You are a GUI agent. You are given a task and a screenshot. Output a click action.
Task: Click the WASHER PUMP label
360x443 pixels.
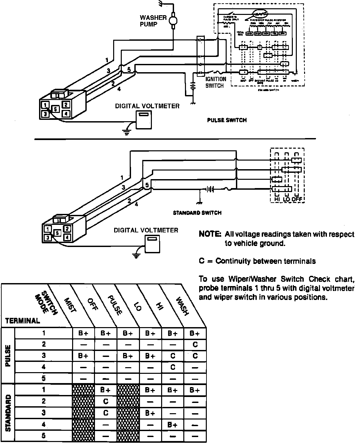pyautogui.click(x=153, y=21)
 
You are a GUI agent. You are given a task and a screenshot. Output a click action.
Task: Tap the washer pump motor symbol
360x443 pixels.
pyautogui.click(x=172, y=21)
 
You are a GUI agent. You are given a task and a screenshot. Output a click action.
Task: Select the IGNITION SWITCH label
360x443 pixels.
pyautogui.click(x=216, y=82)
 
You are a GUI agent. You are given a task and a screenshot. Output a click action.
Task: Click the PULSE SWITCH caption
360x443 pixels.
pyautogui.click(x=227, y=120)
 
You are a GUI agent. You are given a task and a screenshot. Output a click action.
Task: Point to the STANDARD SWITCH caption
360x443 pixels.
pyautogui.click(x=197, y=213)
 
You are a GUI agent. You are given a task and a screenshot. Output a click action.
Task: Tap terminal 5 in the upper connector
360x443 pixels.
pyautogui.click(x=56, y=108)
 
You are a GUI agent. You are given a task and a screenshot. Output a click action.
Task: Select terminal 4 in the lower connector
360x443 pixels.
pyautogui.click(x=67, y=237)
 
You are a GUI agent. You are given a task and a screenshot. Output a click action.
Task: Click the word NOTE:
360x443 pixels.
pyautogui.click(x=210, y=234)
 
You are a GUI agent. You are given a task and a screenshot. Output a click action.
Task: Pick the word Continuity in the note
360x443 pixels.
pyautogui.click(x=233, y=261)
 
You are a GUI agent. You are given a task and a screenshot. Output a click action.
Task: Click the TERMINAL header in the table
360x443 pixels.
pyautogui.click(x=23, y=320)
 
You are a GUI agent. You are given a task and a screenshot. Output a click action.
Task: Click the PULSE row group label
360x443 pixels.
pyautogui.click(x=8, y=356)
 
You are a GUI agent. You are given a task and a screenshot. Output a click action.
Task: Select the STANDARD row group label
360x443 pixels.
pyautogui.click(x=8, y=413)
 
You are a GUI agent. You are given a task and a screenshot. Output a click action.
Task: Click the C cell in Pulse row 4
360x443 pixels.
pyautogui.click(x=173, y=367)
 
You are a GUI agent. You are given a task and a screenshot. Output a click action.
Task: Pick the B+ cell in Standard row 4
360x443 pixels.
pyautogui.click(x=173, y=424)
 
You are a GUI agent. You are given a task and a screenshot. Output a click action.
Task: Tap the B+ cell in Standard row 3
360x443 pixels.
pyautogui.click(x=150, y=413)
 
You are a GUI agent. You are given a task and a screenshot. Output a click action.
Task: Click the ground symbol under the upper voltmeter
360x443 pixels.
pyautogui.click(x=126, y=132)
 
